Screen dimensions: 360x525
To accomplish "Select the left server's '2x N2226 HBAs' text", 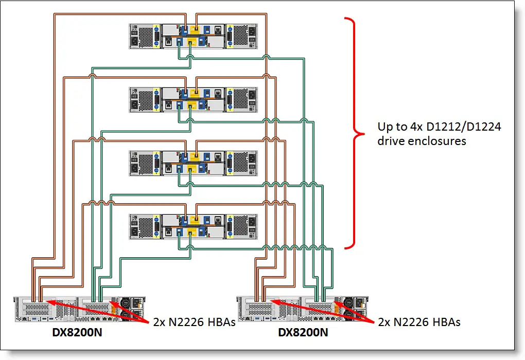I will click(x=194, y=322).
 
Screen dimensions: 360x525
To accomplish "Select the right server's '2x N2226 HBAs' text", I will click(x=419, y=322).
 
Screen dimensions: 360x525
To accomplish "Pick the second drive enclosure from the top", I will click(x=194, y=99).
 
